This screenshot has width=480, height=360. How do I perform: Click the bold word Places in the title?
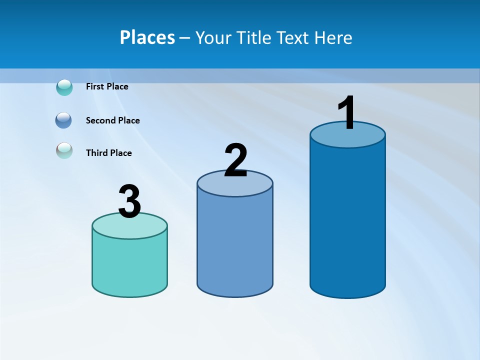147,37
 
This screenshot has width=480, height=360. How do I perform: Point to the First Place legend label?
107,86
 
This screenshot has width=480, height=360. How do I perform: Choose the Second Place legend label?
112,120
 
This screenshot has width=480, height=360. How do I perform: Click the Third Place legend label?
108,153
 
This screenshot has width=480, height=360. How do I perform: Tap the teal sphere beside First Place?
64,87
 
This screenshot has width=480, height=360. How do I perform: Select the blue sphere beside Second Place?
63,120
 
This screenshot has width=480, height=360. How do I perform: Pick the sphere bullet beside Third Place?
64,150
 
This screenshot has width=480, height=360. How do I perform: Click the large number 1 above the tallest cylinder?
347,113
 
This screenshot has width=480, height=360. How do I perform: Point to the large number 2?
235,160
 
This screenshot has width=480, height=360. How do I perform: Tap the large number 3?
129,201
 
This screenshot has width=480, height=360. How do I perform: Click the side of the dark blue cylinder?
347,220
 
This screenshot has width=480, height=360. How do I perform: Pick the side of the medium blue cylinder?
235,245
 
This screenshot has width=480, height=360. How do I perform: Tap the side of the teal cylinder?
129,265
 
